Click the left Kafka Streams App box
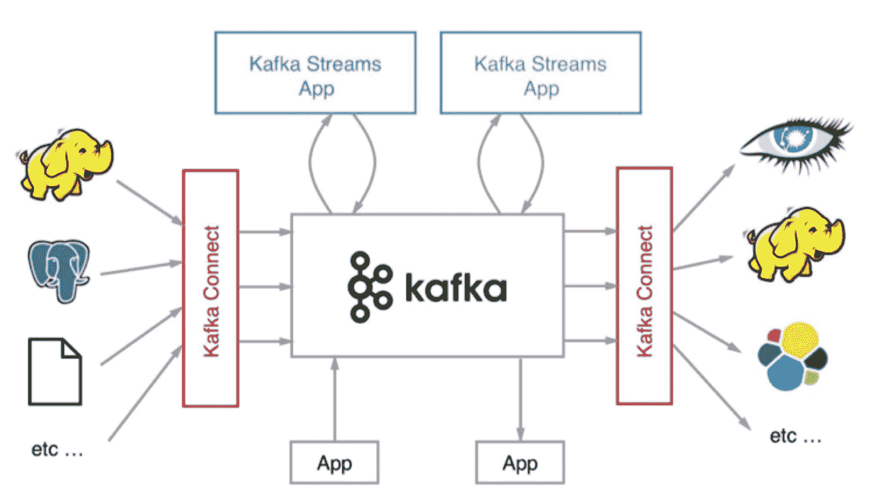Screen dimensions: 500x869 click(x=315, y=73)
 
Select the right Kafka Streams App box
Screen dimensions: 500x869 click(x=540, y=73)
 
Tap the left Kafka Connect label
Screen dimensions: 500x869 click(x=211, y=291)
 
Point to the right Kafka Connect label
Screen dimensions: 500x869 click(x=644, y=291)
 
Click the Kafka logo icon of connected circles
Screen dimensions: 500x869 click(x=369, y=287)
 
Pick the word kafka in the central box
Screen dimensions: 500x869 click(x=455, y=289)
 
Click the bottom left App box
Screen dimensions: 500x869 click(x=334, y=463)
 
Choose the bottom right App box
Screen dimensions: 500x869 click(x=520, y=463)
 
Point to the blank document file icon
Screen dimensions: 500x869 click(x=55, y=371)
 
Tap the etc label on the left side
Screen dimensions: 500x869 click(x=57, y=450)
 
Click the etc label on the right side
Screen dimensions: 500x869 click(x=795, y=436)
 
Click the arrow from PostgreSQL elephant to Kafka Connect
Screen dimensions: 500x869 click(x=141, y=268)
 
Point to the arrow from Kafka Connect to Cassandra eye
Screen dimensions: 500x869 click(x=704, y=197)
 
